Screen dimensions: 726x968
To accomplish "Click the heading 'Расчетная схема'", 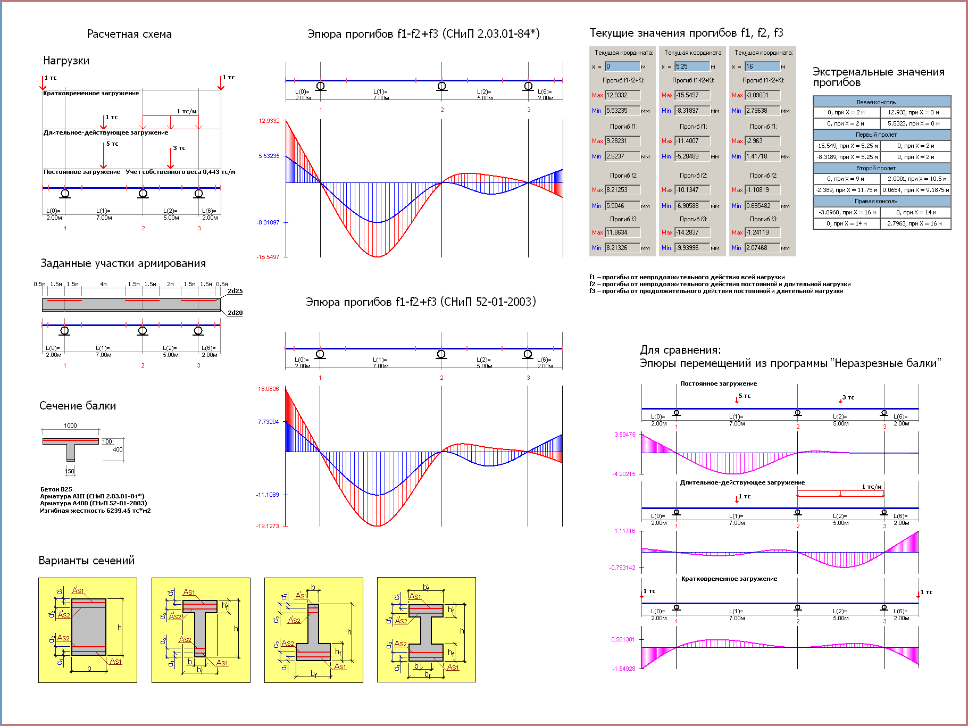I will pyautogui.click(x=129, y=34).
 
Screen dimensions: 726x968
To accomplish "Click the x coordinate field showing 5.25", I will pyautogui.click(x=692, y=66).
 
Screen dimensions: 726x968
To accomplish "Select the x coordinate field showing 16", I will pyautogui.click(x=762, y=66).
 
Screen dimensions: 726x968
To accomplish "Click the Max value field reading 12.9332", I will pyautogui.click(x=622, y=95).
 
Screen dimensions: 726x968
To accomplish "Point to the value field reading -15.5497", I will pyautogui.click(x=692, y=95).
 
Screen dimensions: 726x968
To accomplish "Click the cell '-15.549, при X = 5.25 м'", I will pyautogui.click(x=846, y=146).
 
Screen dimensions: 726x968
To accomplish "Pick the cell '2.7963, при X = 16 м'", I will pyautogui.click(x=915, y=223).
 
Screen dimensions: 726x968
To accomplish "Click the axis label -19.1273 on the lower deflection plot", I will pyautogui.click(x=268, y=526).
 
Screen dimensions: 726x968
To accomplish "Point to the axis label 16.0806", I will pyautogui.click(x=269, y=389).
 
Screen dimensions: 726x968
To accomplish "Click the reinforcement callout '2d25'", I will pyautogui.click(x=235, y=291).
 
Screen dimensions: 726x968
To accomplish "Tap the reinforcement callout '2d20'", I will pyautogui.click(x=235, y=313).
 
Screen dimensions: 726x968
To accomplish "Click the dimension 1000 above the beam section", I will pyautogui.click(x=70, y=425).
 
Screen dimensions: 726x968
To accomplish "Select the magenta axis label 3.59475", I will pyautogui.click(x=625, y=435).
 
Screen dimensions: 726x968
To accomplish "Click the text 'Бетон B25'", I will pyautogui.click(x=56, y=489).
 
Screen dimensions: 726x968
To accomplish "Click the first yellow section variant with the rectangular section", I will pyautogui.click(x=88, y=630).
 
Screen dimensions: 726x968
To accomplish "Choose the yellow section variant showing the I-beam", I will pyautogui.click(x=426, y=630).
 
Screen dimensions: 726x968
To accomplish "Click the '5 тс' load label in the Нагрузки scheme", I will pyautogui.click(x=112, y=144).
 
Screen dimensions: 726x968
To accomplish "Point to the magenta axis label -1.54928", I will pyautogui.click(x=624, y=669).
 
